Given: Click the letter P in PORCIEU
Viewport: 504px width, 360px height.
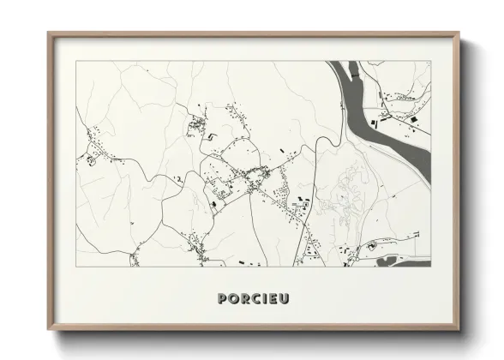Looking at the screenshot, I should pos(224,298).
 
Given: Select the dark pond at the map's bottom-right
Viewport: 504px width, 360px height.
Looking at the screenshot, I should pos(390,260).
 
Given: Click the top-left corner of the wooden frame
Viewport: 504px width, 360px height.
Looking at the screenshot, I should pos(49,33).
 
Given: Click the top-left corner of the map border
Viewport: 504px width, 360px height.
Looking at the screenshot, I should pos(75,61).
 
